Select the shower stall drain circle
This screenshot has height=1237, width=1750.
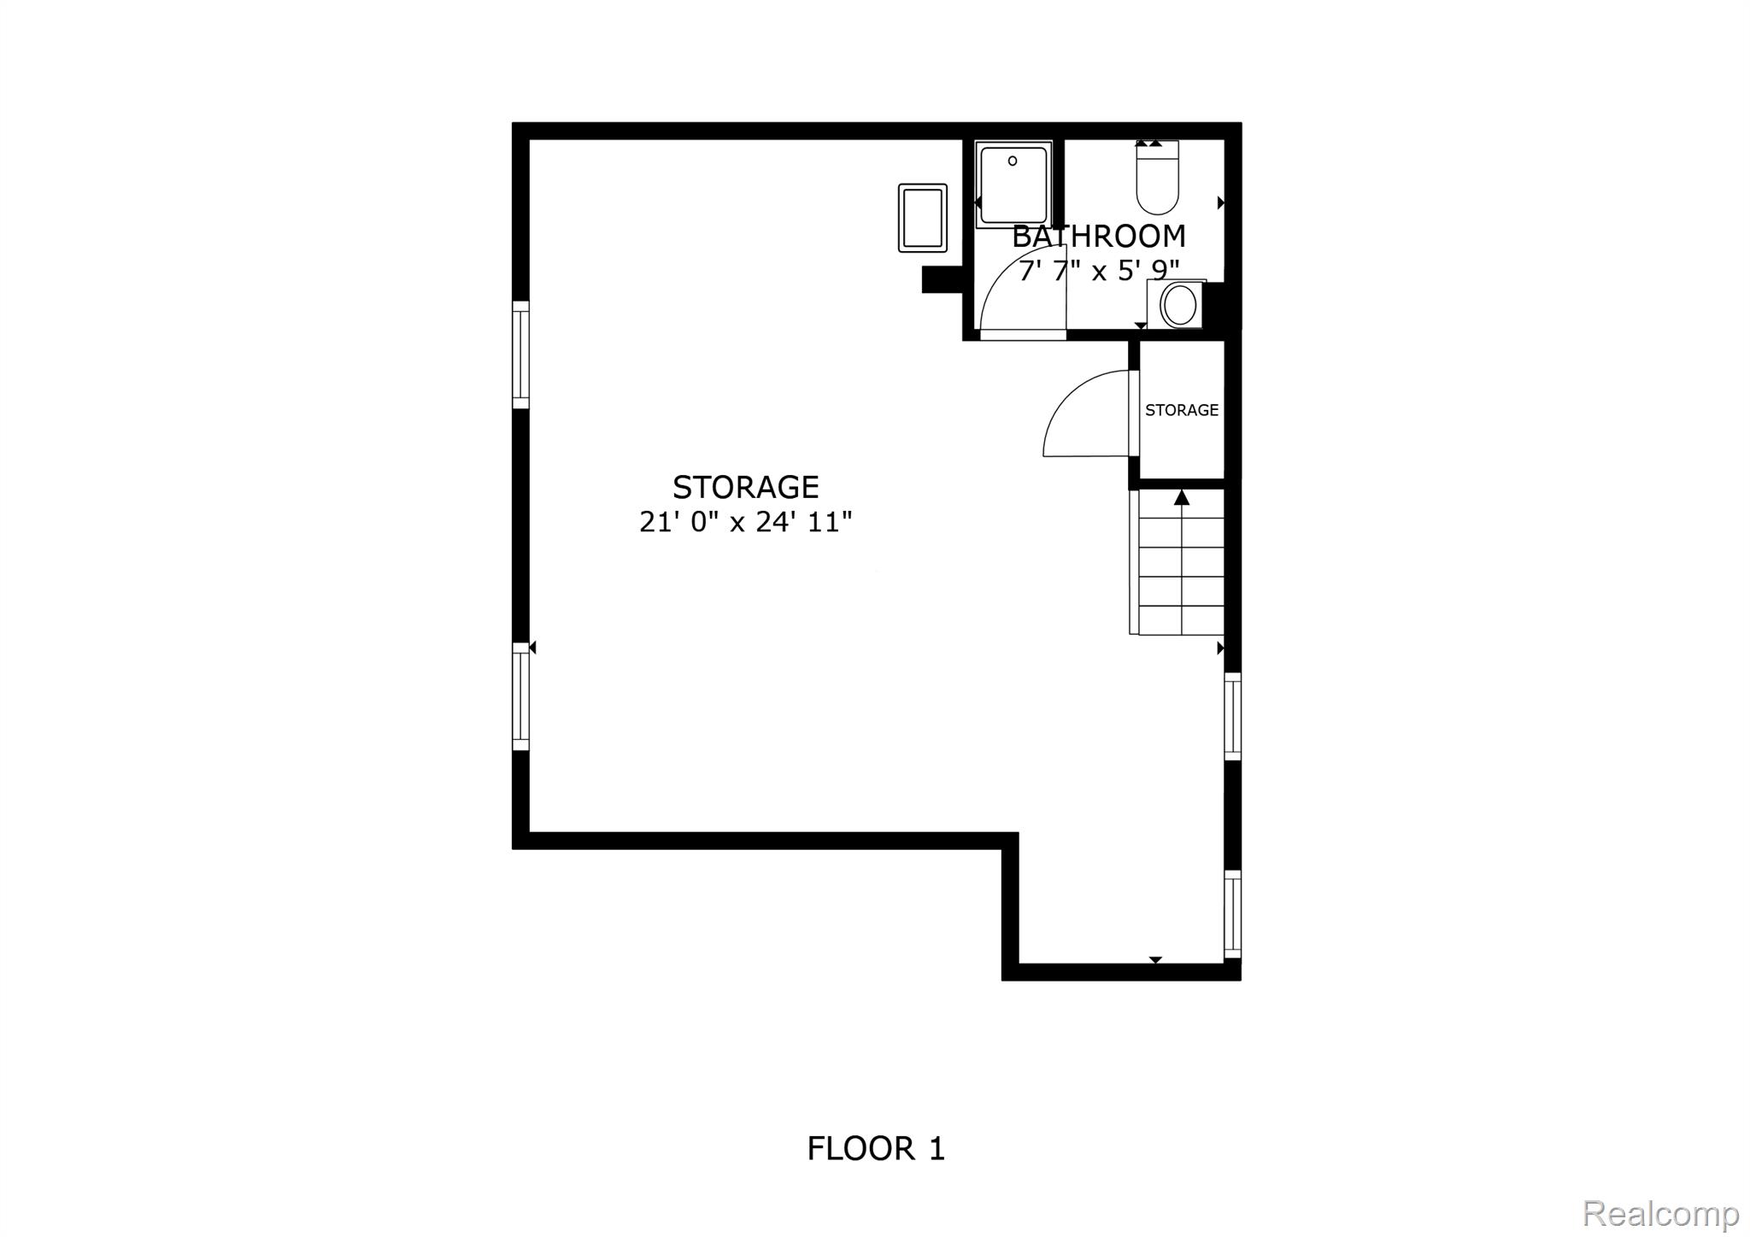[1013, 161]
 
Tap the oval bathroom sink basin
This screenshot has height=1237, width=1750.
[1180, 305]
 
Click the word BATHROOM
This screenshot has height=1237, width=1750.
[1099, 237]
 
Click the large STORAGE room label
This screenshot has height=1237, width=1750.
[746, 487]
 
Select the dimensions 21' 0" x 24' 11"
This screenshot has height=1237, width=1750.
[746, 522]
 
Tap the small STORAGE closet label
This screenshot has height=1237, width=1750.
[1182, 410]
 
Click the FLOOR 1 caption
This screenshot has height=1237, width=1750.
[876, 1148]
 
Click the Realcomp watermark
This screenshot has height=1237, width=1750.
[1661, 1213]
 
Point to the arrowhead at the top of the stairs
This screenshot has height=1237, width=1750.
[1182, 497]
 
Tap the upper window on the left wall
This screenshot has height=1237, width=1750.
[520, 355]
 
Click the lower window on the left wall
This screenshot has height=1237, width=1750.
[520, 696]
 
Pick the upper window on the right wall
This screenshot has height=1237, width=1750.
[1232, 716]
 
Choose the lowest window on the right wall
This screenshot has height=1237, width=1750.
[1232, 914]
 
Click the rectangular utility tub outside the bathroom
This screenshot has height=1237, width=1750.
[923, 218]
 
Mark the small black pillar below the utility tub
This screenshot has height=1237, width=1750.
[943, 279]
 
